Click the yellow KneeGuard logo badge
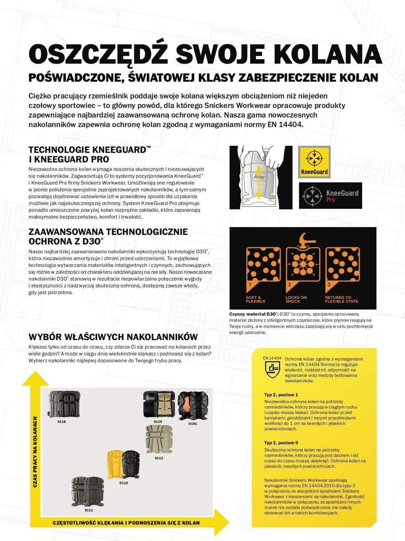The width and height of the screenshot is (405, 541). (314, 162)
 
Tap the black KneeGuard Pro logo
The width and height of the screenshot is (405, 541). (330, 195)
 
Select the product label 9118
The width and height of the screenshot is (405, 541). (61, 422)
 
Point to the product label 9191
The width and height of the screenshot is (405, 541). (193, 424)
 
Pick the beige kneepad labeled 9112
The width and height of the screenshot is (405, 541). (159, 439)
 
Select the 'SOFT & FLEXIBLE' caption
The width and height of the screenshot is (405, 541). (256, 299)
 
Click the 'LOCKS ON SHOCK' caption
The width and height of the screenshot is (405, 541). (296, 299)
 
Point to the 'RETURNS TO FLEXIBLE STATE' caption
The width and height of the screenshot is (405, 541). (341, 299)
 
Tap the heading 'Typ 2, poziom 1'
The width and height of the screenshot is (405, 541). (281, 395)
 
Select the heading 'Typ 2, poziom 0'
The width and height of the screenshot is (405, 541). (281, 443)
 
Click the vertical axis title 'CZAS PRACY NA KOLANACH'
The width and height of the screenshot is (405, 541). (35, 452)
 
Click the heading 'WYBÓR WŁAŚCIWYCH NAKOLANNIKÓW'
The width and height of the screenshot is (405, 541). (113, 337)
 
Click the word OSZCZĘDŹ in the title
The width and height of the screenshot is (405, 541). (98, 55)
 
